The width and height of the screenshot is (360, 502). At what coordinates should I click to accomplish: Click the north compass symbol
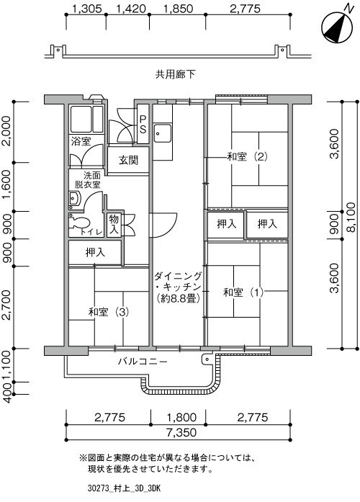(x=337, y=27)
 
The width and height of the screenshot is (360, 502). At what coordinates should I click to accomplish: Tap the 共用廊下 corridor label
(x=175, y=75)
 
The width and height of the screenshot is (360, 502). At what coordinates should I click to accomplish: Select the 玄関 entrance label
(x=128, y=160)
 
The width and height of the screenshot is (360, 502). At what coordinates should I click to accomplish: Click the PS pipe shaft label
(x=143, y=124)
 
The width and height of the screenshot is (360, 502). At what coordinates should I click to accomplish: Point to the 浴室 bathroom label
(x=81, y=141)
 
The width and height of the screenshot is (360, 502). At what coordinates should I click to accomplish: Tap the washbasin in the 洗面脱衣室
(x=74, y=200)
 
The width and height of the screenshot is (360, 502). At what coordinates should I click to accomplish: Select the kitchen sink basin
(x=162, y=133)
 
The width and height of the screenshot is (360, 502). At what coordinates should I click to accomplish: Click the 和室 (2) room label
(x=247, y=157)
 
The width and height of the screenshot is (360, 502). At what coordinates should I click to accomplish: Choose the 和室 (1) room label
(x=243, y=292)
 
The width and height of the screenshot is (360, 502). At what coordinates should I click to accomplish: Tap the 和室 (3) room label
(x=109, y=312)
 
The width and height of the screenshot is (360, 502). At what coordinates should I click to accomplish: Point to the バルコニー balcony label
(x=143, y=362)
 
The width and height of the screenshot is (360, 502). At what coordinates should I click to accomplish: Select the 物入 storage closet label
(x=114, y=224)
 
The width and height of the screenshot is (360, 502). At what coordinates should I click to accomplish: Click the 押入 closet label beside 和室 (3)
(x=95, y=253)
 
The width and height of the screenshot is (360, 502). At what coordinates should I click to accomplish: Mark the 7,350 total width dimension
(x=181, y=433)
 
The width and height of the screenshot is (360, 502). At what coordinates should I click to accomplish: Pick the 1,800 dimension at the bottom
(x=181, y=418)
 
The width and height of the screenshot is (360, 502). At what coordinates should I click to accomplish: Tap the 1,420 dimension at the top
(x=131, y=9)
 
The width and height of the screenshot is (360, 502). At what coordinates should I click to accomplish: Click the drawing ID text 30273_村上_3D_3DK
(x=124, y=488)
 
